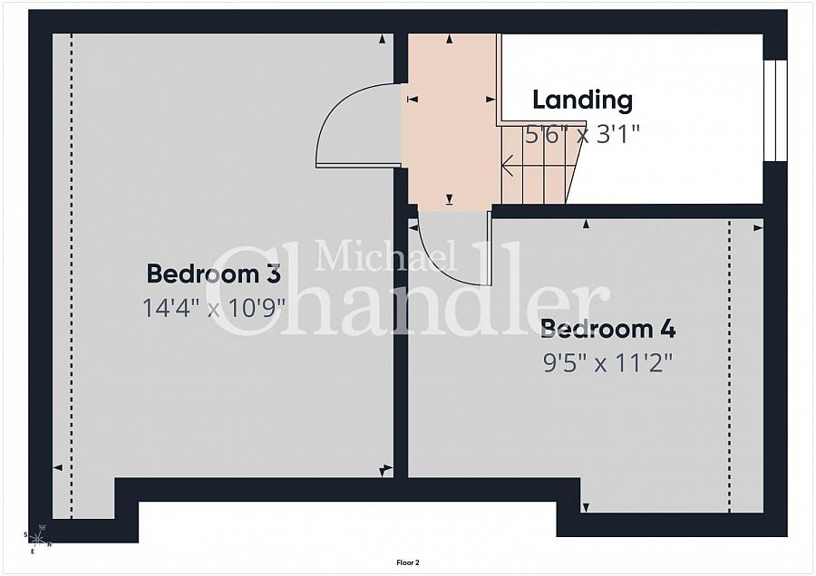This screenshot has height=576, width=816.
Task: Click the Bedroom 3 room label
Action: [213, 274]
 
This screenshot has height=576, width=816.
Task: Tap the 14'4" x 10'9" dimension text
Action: [214, 308]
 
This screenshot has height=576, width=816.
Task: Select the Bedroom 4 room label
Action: [607, 329]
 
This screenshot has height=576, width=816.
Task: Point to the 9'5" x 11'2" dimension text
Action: [607, 363]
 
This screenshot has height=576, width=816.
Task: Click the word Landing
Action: [582, 100]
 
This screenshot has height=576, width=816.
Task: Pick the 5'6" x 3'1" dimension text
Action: [582, 135]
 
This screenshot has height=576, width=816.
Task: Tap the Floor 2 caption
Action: [407, 562]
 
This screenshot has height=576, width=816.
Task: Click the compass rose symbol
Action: [38, 539]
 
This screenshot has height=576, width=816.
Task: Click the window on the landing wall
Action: [775, 110]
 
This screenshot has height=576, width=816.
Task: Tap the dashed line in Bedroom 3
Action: [72, 276]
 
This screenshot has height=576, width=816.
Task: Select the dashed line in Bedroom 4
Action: [729, 366]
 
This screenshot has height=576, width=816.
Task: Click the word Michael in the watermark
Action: [385, 255]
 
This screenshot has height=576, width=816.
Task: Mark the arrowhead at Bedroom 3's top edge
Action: [383, 38]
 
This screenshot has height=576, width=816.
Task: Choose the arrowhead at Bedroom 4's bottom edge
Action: [586, 507]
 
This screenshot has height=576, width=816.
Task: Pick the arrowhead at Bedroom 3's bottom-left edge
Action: [58, 467]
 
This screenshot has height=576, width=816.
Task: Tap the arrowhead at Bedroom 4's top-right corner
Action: [758, 227]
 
